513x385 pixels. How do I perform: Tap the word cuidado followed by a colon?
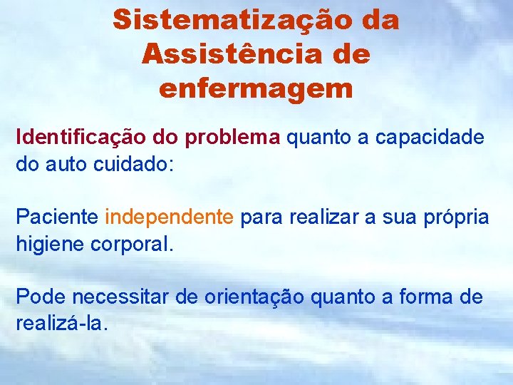[x=133, y=164]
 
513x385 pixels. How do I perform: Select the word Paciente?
[x=57, y=217]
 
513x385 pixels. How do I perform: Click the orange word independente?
[x=169, y=217]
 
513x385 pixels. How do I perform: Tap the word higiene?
[x=50, y=244]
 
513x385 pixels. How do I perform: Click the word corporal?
[x=132, y=244]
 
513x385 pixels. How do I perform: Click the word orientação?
[x=255, y=297]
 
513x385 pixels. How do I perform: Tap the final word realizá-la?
[x=62, y=323]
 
